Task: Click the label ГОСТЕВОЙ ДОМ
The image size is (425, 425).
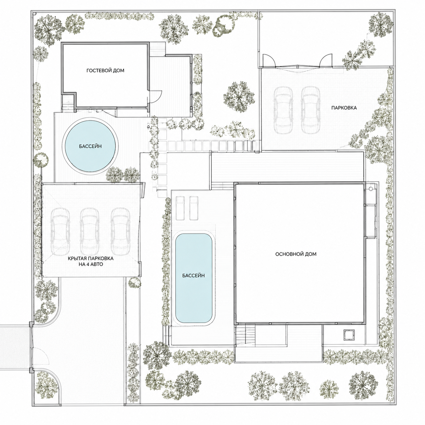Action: coord(105,70)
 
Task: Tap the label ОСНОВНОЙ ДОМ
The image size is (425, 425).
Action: coord(296,254)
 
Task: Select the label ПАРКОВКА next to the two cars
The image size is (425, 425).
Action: coord(344,108)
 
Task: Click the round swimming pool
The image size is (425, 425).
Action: coord(90,146)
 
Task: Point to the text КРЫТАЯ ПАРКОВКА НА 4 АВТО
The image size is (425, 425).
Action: coord(90,261)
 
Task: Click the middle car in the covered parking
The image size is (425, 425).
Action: coord(89,232)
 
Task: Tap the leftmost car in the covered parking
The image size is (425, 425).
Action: coord(60,232)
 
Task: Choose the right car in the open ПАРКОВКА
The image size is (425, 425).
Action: coord(310,110)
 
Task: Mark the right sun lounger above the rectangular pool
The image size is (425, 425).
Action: coord(194,208)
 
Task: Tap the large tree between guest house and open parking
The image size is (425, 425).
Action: coord(239,96)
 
